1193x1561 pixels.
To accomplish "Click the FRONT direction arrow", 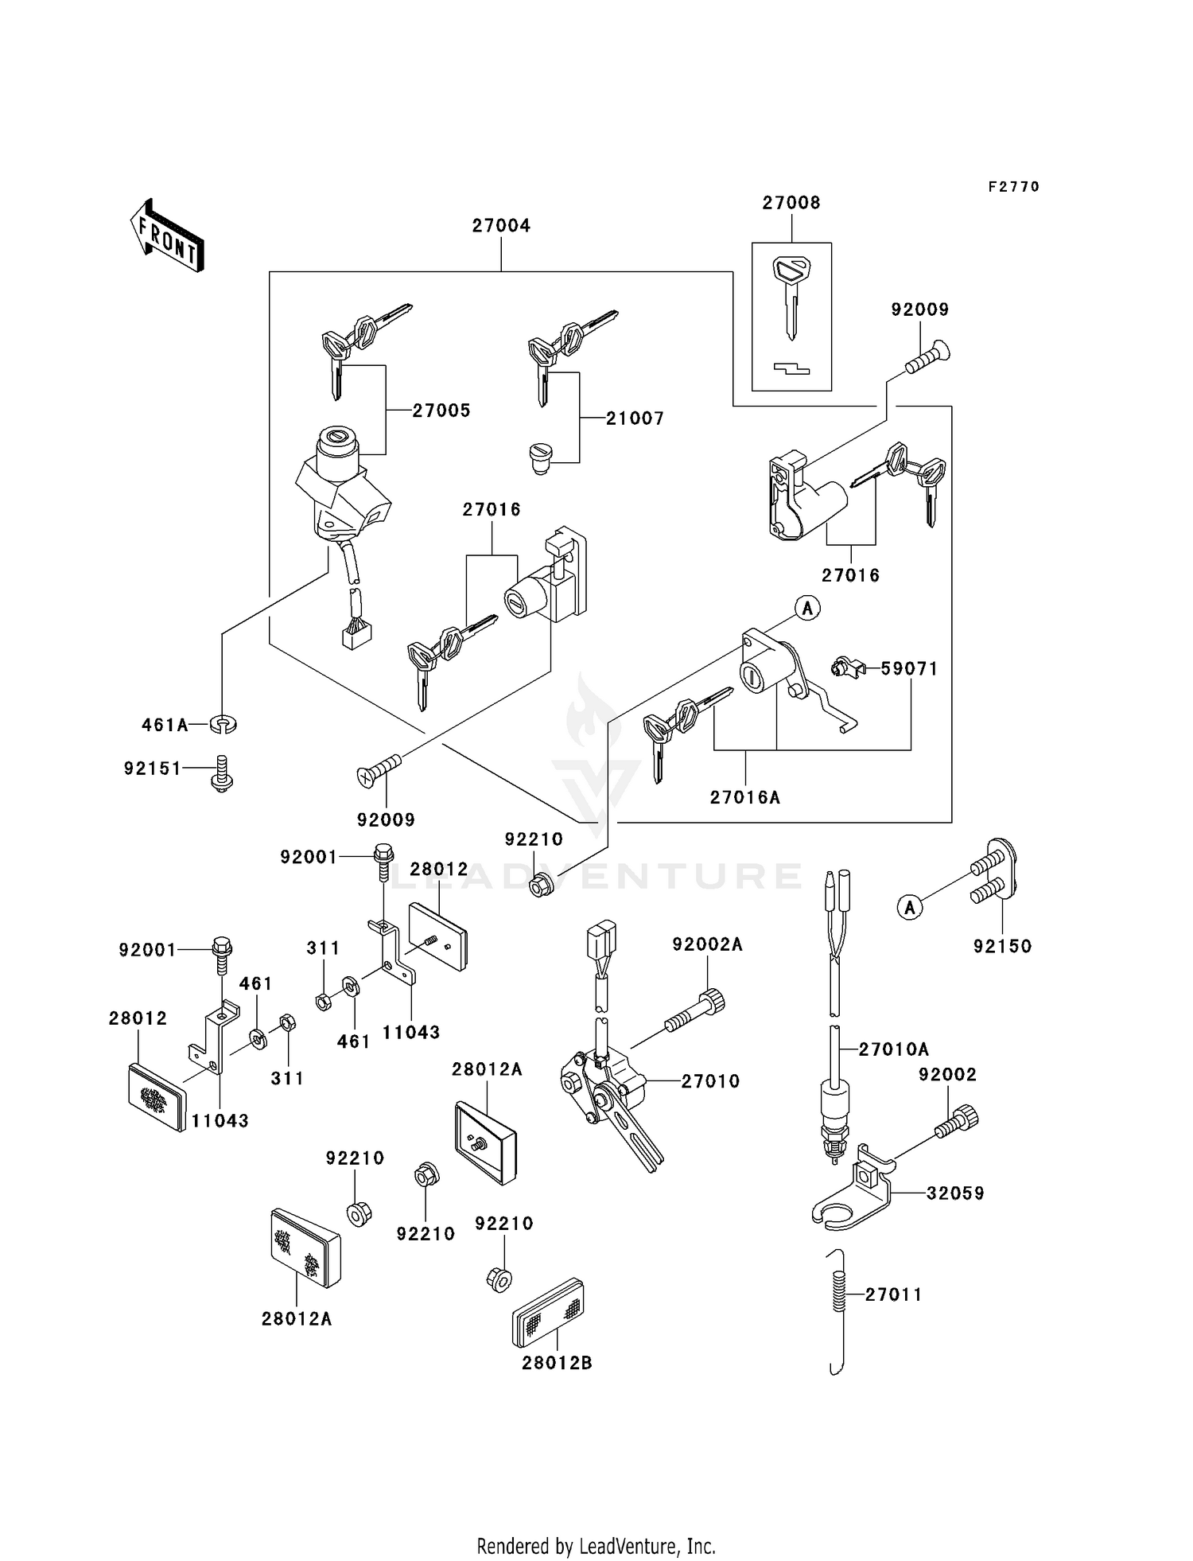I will coord(167,236).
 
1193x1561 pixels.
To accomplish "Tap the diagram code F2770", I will coord(1013,187).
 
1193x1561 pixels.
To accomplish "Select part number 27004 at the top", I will coord(501,226).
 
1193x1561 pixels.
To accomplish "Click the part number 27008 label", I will coord(791,203).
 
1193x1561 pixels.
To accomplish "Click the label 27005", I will coord(441,411).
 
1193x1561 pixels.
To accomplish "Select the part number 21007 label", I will coord(635,418).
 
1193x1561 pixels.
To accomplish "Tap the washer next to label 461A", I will coord(223,725).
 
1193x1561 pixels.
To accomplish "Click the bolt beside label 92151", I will coord(222,773).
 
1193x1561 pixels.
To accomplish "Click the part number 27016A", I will coord(745,797).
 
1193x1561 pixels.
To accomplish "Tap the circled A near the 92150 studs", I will coord(910,906).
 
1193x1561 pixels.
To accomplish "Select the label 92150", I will coord(1002,946).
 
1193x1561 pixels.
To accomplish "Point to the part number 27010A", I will coord(893,1049).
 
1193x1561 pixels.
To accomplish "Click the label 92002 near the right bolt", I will coord(947,1074).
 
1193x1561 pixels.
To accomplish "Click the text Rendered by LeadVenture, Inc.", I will coord(596,1546).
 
